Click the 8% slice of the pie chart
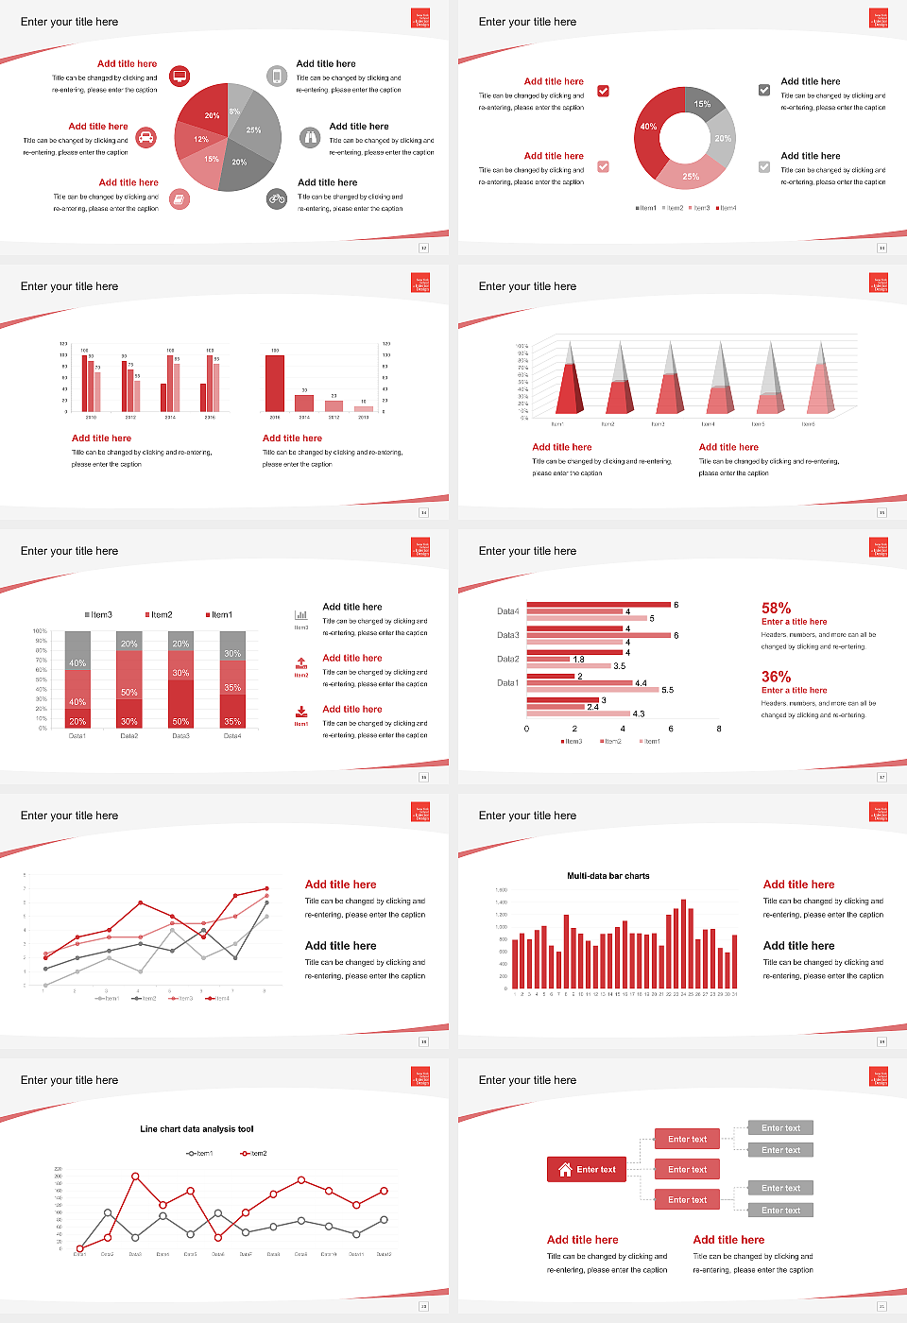click(236, 105)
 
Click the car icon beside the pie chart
click(145, 138)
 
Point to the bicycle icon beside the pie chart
click(277, 198)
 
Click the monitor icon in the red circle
click(180, 76)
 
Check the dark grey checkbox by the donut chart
click(764, 91)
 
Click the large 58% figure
click(776, 609)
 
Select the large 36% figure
click(776, 677)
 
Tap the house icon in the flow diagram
click(565, 1169)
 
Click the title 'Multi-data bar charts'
click(608, 876)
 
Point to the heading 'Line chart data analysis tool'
click(197, 1129)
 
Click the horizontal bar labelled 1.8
click(549, 659)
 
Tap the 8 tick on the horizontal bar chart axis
click(719, 729)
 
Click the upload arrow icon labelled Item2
click(301, 663)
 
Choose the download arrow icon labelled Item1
click(301, 713)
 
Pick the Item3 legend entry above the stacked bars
click(98, 615)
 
